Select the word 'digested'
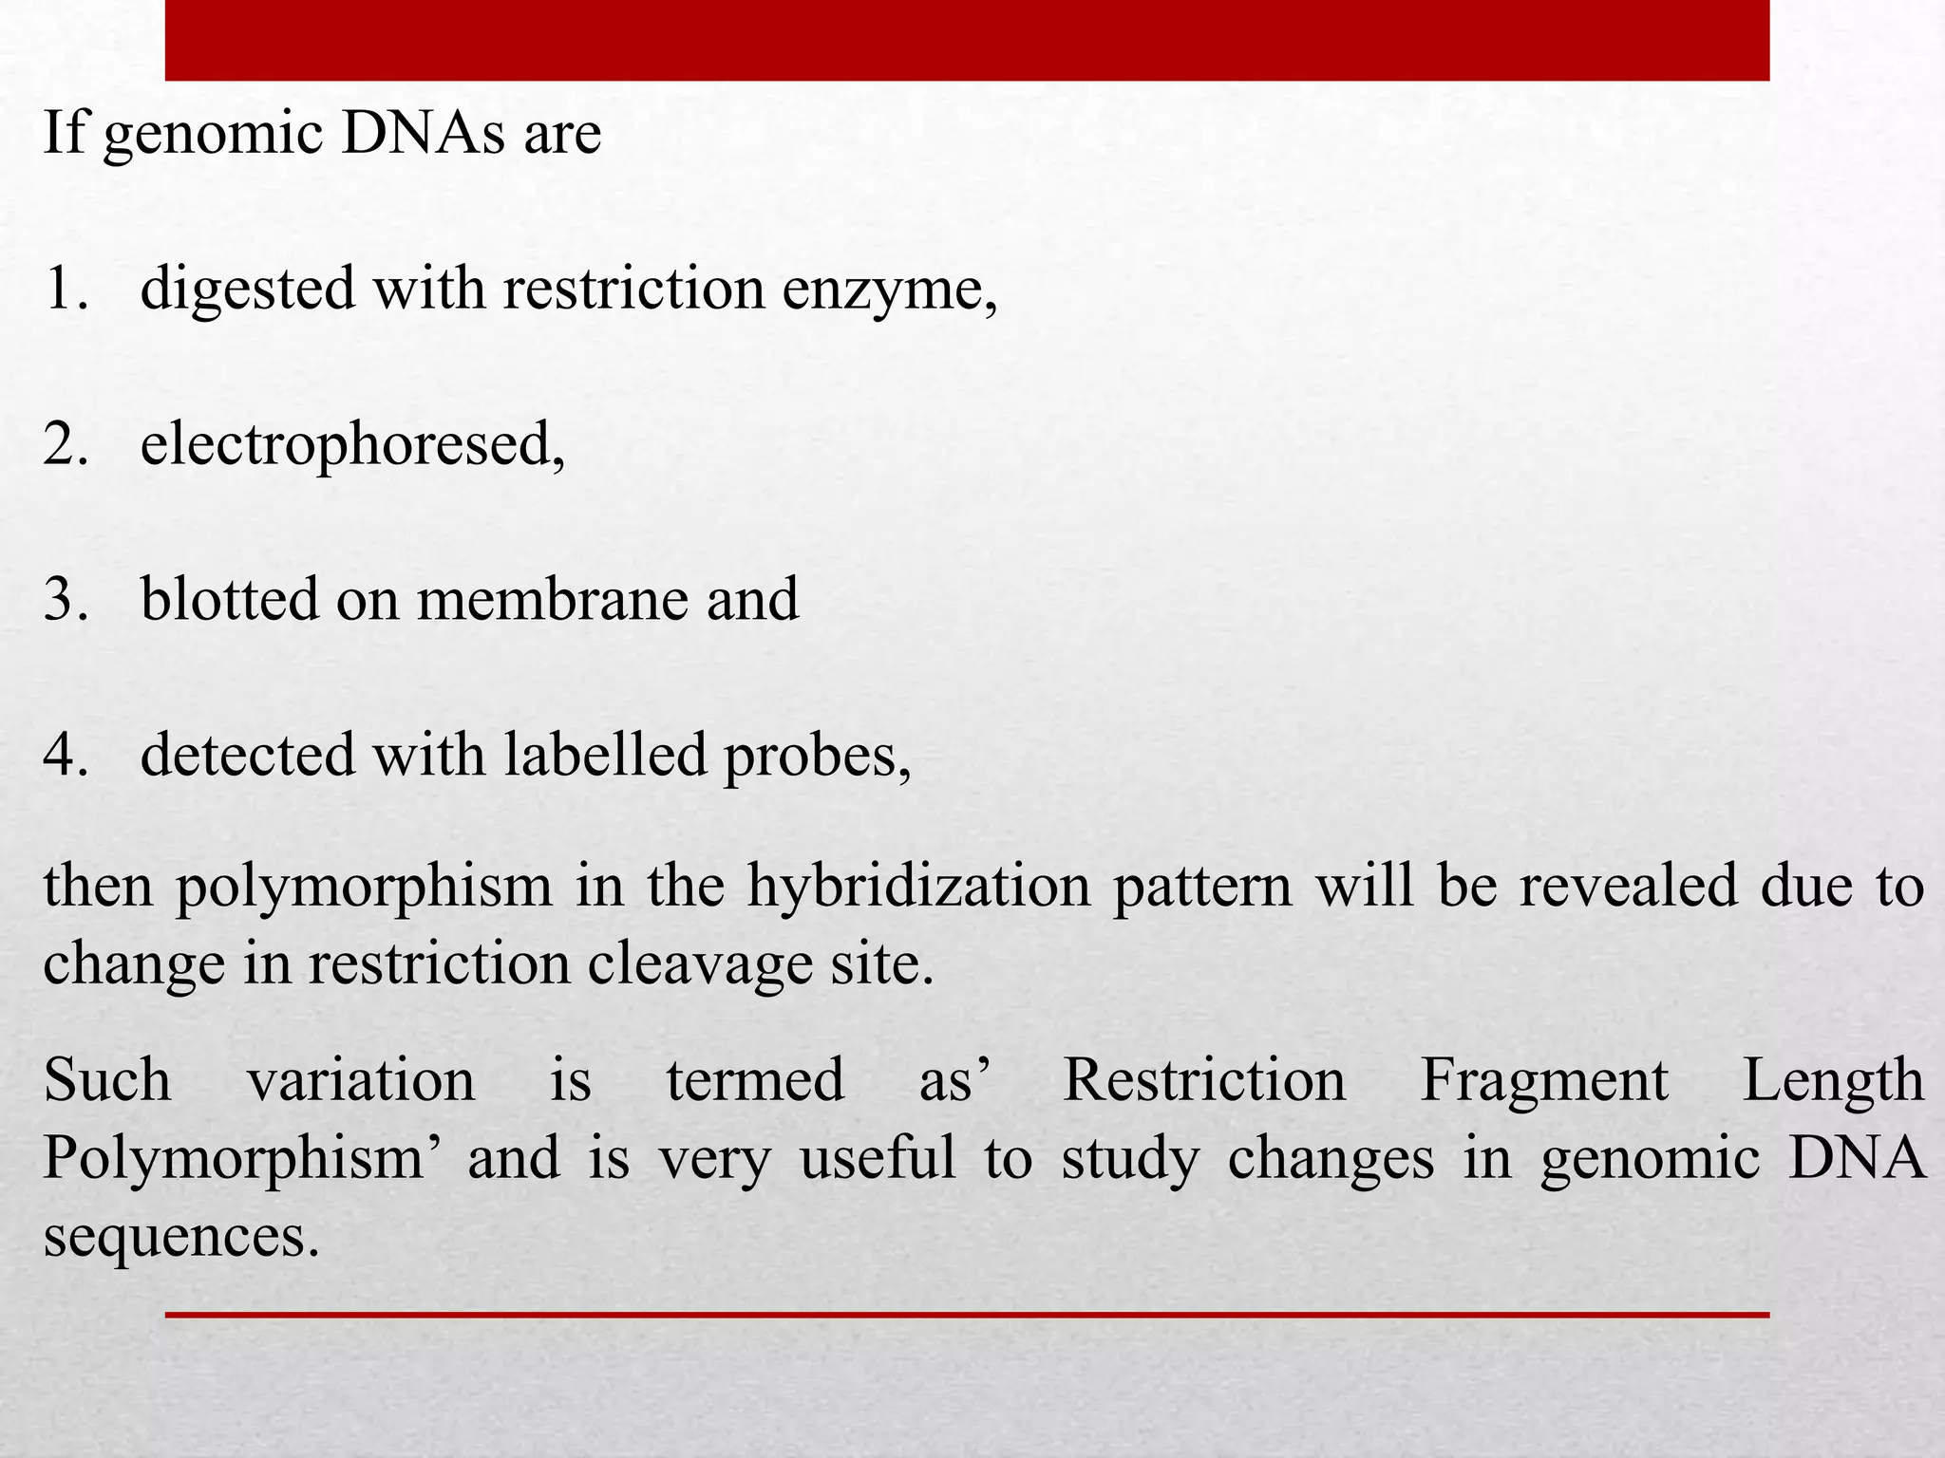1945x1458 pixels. [x=247, y=290]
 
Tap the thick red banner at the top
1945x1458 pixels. [x=967, y=40]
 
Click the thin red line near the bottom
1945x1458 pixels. [x=967, y=1315]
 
